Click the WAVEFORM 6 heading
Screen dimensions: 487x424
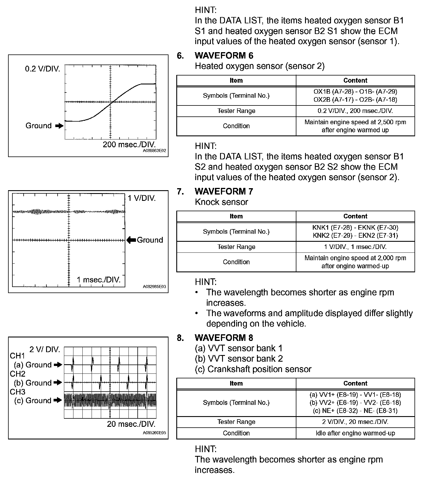224,55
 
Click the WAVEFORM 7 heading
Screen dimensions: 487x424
224,191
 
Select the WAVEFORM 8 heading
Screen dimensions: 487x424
224,338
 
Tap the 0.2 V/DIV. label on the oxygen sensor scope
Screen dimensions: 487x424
43,69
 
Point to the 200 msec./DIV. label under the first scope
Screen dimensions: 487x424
129,144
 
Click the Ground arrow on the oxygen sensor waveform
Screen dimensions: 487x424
59,126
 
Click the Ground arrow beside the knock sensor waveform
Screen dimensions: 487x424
131,240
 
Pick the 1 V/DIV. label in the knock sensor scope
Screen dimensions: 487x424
141,198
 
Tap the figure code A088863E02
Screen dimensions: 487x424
154,151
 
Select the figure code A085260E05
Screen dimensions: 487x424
154,433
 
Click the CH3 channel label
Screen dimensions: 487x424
18,392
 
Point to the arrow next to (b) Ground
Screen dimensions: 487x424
58,383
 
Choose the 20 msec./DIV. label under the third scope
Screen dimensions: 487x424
131,424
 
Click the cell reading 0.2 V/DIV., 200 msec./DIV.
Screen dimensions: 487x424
355,111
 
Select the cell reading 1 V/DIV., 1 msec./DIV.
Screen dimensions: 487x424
355,247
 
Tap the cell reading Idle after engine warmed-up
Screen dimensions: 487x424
355,433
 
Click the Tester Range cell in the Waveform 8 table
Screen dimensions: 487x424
236,422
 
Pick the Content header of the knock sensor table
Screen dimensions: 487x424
355,216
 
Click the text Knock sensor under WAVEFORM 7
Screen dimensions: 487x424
221,202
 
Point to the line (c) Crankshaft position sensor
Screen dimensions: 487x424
253,369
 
